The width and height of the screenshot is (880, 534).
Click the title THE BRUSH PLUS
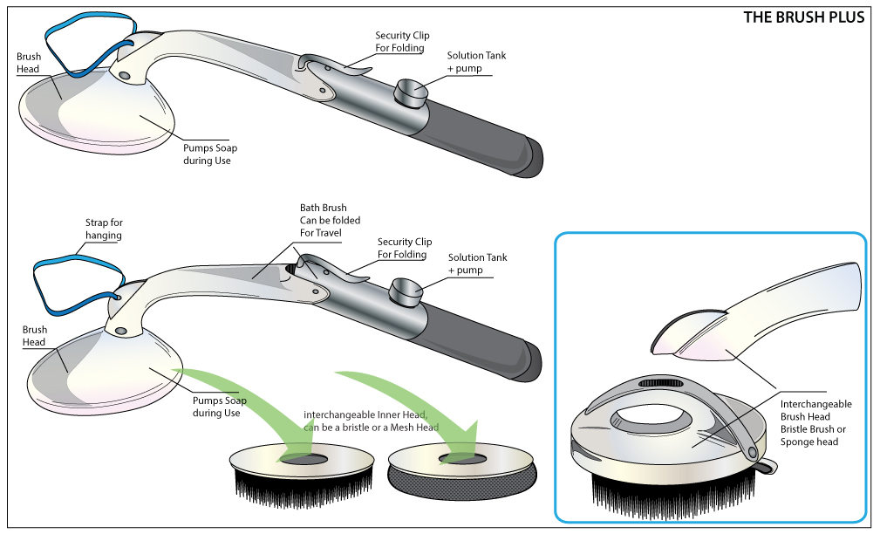[803, 17]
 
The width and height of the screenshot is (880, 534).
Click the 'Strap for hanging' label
[104, 229]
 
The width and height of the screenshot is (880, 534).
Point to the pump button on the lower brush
[406, 289]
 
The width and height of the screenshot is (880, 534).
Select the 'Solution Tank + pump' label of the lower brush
[477, 264]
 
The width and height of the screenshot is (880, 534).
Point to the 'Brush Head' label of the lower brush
[35, 336]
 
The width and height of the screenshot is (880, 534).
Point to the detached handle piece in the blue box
[767, 314]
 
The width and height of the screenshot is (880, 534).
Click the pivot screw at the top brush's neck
[126, 77]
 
